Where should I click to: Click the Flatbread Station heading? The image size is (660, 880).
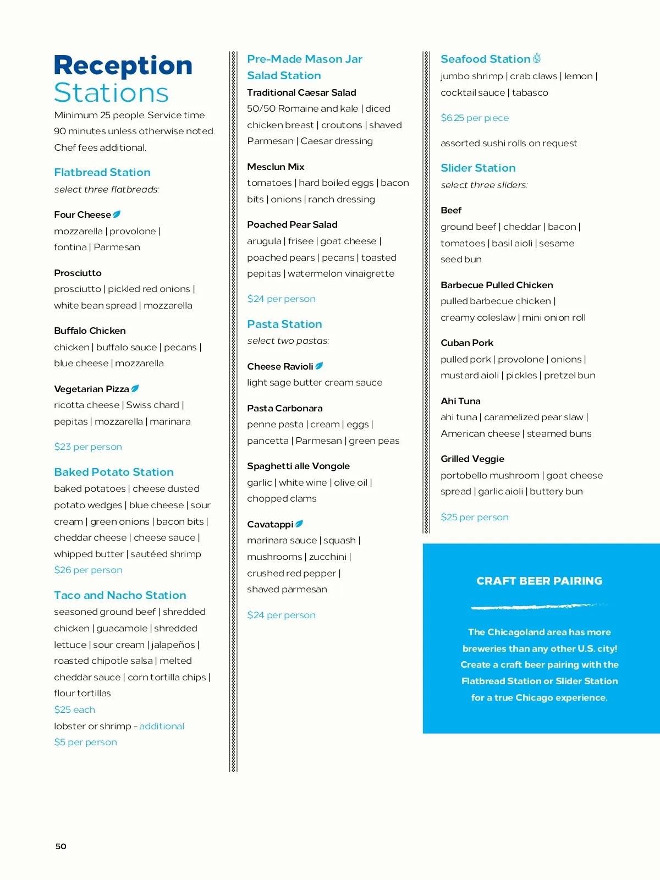click(x=102, y=172)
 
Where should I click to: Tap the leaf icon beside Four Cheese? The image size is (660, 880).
click(x=117, y=214)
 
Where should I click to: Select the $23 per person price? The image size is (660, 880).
click(x=88, y=447)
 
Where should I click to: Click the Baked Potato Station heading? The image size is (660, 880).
click(x=114, y=472)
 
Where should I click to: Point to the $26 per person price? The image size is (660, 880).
click(x=88, y=570)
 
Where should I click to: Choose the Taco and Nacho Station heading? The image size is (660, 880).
click(x=120, y=595)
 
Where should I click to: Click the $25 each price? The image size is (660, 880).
click(x=74, y=710)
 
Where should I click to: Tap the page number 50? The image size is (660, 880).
click(x=61, y=846)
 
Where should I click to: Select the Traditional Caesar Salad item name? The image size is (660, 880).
click(x=301, y=92)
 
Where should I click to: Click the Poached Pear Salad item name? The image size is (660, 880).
click(x=292, y=224)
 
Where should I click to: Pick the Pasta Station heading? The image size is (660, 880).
click(x=284, y=324)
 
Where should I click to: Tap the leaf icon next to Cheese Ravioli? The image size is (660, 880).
click(x=319, y=366)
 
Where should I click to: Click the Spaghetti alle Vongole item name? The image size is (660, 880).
click(x=298, y=466)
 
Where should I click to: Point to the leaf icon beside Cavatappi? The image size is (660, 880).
click(x=299, y=524)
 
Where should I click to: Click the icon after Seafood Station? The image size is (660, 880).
click(x=537, y=58)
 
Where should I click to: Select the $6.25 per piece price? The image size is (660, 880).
click(x=475, y=118)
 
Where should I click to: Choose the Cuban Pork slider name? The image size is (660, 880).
click(x=467, y=343)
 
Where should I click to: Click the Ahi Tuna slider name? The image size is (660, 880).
click(x=460, y=401)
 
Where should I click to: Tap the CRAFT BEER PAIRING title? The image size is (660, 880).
click(x=540, y=581)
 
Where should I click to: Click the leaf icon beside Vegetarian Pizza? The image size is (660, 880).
click(x=135, y=388)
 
